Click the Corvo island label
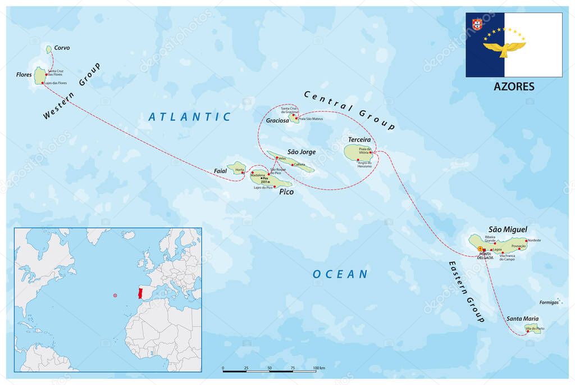click(x=62, y=48)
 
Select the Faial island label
click(x=220, y=170)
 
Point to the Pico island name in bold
click(x=286, y=192)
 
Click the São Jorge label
click(x=302, y=152)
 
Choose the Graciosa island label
click(x=277, y=120)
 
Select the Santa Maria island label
click(x=522, y=319)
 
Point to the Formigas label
click(x=549, y=302)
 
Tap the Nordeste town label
click(x=534, y=241)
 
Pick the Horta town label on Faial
click(x=240, y=170)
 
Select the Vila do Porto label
click(x=535, y=328)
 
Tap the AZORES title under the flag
click(x=514, y=87)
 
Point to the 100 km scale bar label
click(x=318, y=368)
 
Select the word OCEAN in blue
click(x=340, y=274)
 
